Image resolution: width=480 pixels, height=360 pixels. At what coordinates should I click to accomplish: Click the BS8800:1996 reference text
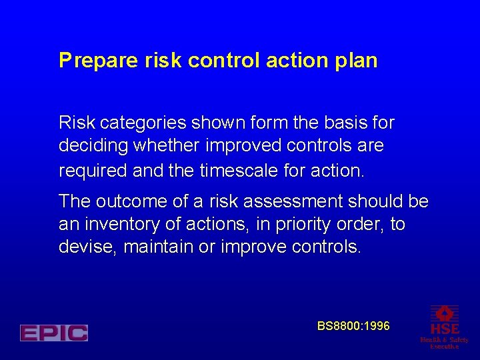[x=353, y=326]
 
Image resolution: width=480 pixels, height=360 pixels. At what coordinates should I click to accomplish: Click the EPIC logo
[x=54, y=333]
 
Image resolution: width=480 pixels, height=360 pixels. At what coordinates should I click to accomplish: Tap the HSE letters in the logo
[x=444, y=329]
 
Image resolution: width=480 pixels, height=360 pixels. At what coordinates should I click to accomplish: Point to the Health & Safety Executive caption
[x=444, y=343]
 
